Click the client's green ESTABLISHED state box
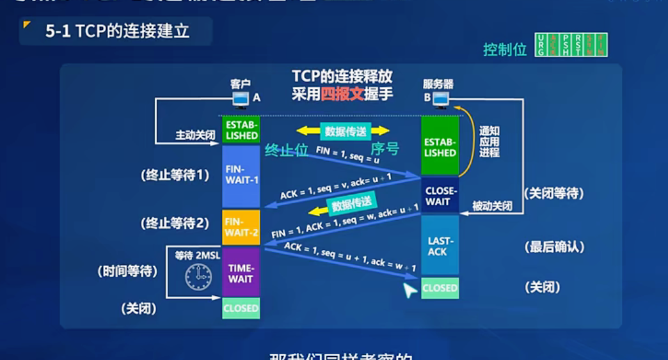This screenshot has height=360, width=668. point(241,130)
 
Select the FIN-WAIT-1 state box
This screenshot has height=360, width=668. point(241,175)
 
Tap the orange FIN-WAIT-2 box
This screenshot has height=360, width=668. point(241,227)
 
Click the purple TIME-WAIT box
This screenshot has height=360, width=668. point(241,273)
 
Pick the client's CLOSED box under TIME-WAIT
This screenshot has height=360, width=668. point(241,308)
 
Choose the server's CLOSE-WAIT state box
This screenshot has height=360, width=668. point(440,196)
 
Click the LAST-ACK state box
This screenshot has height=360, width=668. point(440,246)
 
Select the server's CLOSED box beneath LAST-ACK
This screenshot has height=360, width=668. point(440,288)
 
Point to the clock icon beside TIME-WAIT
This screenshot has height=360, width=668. point(198,277)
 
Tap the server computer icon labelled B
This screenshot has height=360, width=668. point(440,99)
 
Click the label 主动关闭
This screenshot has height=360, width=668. point(195,136)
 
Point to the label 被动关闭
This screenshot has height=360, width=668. point(492,207)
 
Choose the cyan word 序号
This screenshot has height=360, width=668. point(385,149)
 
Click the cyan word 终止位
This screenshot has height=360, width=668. point(287,151)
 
